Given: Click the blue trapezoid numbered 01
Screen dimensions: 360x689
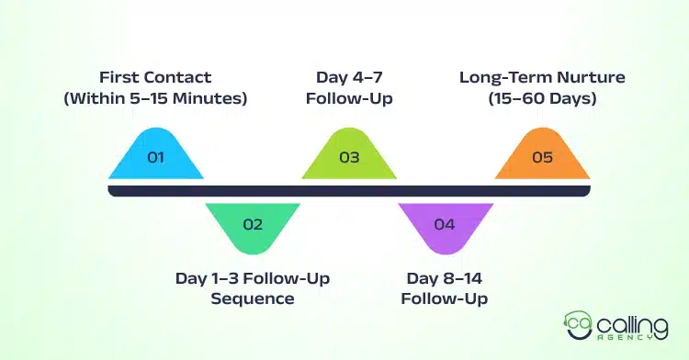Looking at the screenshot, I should click(155, 155).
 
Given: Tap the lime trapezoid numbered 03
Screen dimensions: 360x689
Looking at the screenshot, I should click(349, 155).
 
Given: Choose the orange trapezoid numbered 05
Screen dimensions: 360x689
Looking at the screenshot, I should click(542, 155).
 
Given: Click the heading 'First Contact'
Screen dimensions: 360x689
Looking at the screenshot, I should click(155, 78).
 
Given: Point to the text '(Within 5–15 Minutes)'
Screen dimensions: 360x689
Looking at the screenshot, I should click(155, 98).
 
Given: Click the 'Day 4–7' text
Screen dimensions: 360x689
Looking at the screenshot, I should click(349, 78).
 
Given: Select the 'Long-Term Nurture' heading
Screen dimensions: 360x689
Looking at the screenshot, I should click(541, 78).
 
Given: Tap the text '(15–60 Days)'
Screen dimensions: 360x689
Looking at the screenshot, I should click(541, 98).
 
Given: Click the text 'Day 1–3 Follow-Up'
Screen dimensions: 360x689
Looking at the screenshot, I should click(253, 278).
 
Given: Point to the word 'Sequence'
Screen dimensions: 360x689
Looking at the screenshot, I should click(253, 298).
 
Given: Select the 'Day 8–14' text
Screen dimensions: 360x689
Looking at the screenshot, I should click(445, 278).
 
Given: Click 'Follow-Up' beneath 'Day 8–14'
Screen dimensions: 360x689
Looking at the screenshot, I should click(445, 298).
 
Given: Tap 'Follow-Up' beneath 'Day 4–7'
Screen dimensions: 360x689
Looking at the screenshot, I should click(349, 98).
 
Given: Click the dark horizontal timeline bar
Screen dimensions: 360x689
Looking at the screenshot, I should click(349, 190).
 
